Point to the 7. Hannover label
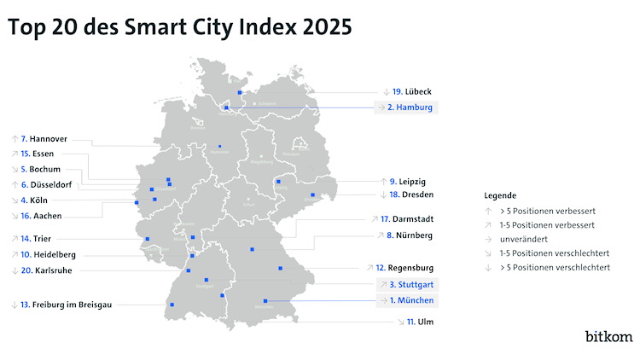tap(44, 137)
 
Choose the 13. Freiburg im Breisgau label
tap(66, 304)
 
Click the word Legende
tap(499, 195)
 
